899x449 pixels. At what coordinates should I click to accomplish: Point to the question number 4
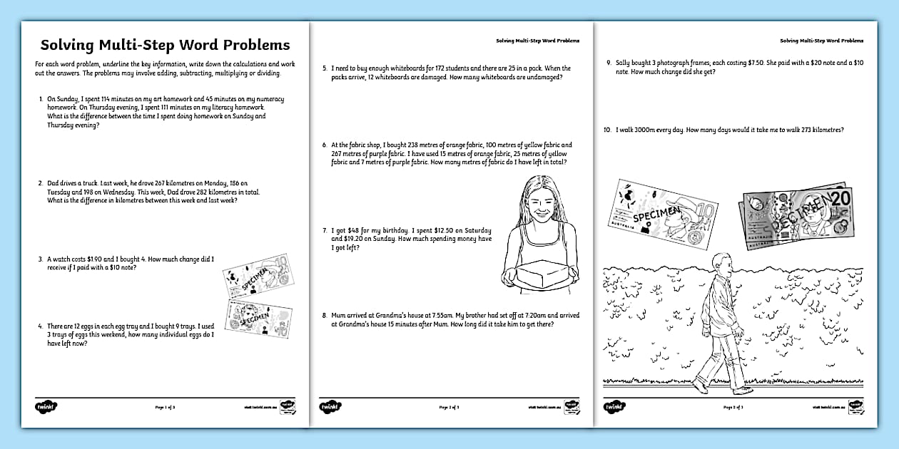(x=41, y=325)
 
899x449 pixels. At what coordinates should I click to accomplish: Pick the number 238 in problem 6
(x=425, y=145)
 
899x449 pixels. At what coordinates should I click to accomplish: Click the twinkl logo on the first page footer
(x=46, y=407)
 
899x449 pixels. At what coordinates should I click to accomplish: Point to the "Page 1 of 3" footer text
(x=165, y=407)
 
